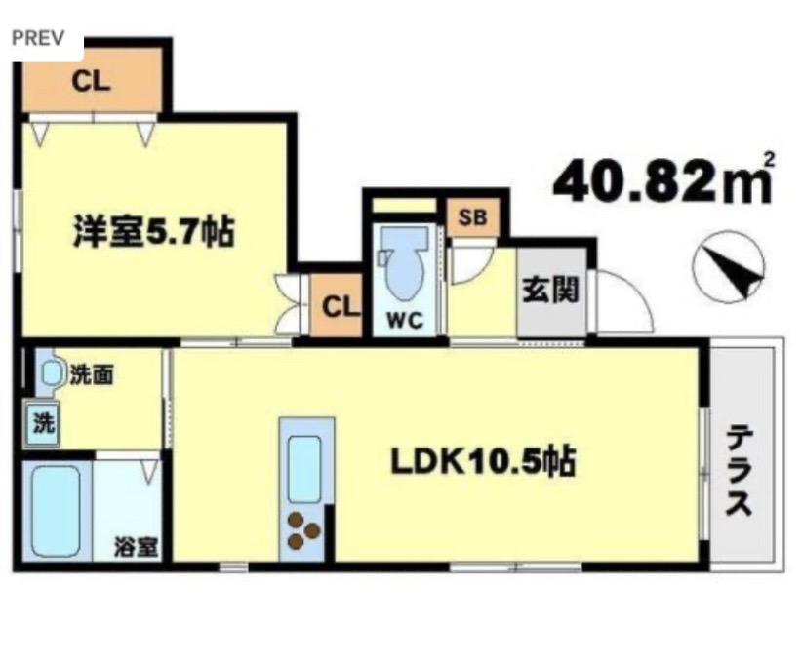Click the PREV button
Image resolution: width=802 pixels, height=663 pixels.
[38, 39]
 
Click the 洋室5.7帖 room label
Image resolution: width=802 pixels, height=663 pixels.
[151, 233]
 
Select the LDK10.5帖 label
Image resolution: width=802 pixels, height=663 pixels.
[482, 462]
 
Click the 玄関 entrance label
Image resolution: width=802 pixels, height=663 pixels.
[550, 291]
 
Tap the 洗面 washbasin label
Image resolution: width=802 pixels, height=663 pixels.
[89, 372]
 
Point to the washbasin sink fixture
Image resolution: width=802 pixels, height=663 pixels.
[49, 371]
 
